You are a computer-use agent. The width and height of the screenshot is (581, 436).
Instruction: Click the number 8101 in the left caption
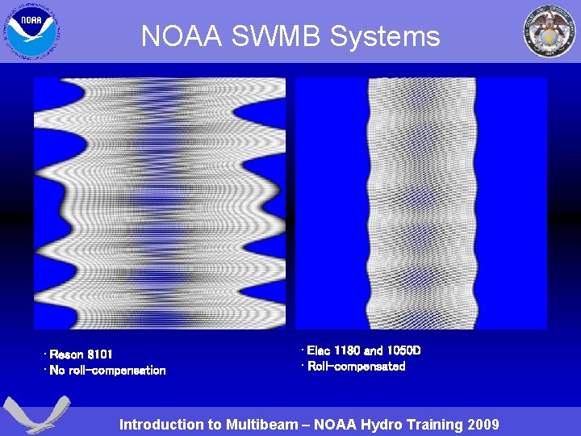click(100, 354)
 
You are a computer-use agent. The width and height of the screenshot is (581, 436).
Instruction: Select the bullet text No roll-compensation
click(107, 371)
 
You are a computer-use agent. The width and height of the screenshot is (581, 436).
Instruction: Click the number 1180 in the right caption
click(348, 350)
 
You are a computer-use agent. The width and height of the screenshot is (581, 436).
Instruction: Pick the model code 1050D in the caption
click(403, 350)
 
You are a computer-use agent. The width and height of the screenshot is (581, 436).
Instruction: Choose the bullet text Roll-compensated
click(355, 367)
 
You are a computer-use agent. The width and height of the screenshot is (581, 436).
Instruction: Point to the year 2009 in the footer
click(482, 425)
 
